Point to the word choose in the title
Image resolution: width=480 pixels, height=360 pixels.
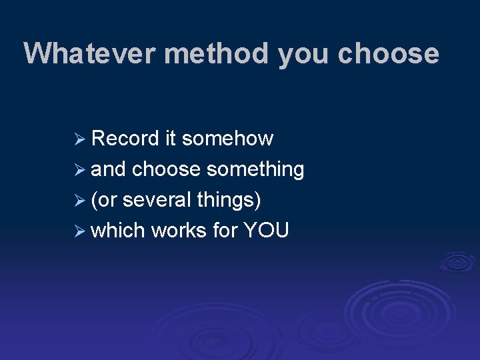(x=388, y=53)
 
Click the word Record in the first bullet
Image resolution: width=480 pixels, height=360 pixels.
(x=125, y=139)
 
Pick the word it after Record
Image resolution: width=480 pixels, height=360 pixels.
(x=170, y=139)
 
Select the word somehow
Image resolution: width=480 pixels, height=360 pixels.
(x=227, y=139)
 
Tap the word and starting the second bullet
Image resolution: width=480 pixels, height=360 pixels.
(x=108, y=169)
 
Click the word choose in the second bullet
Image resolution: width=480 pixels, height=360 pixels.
(x=167, y=169)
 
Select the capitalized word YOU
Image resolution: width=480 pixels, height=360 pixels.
(x=266, y=231)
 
